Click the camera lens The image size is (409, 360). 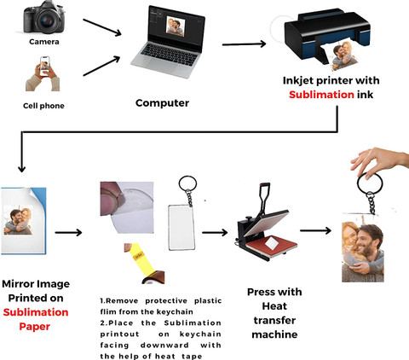coord(47,21)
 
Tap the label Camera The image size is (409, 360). coord(44,42)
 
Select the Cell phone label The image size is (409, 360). coord(43,106)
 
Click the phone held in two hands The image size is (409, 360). coord(44,66)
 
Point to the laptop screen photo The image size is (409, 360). coord(176,26)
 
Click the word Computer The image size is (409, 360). coord(162,103)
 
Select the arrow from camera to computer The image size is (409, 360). coord(102,27)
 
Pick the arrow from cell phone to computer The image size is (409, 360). coord(101,66)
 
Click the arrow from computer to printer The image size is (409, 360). coord(244,44)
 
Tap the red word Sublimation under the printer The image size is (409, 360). coord(321,95)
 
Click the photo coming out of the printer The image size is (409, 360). coord(344,56)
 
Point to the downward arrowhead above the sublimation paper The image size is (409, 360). coord(21,168)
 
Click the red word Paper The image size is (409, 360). coord(35,327)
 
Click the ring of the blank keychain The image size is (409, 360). coord(187,183)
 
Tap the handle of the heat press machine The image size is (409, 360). coord(264,196)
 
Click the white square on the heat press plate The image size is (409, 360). coord(273,243)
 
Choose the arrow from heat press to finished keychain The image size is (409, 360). coord(315,230)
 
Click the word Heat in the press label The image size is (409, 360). coord(274,306)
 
